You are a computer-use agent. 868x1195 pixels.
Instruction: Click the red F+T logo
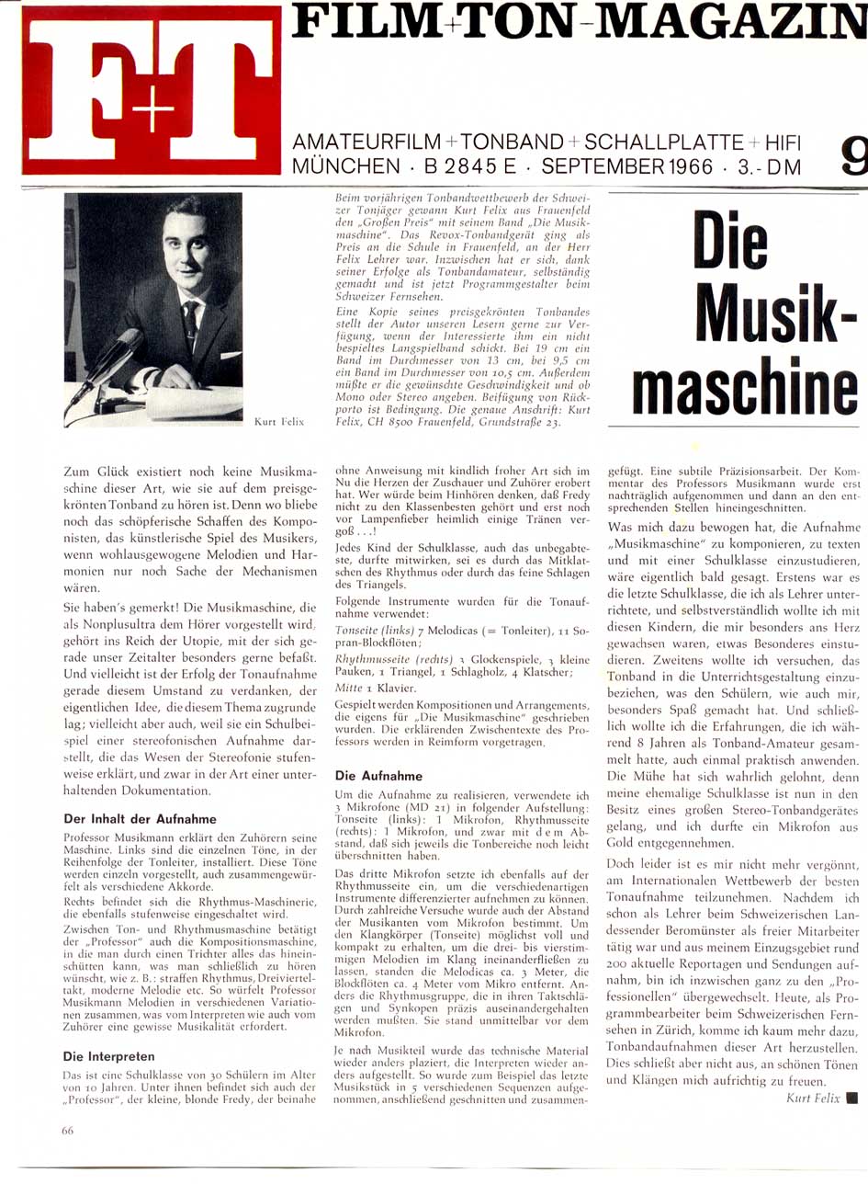pos(152,90)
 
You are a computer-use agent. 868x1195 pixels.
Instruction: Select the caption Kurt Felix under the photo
pos(279,422)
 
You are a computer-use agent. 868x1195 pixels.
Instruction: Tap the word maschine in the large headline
pos(745,390)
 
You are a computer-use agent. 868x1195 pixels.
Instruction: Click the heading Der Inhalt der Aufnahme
pos(140,818)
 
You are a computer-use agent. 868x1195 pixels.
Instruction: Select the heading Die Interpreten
pos(108,1056)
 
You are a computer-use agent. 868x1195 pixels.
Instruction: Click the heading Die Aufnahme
pos(378,776)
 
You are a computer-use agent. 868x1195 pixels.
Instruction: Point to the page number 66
pos(68,1131)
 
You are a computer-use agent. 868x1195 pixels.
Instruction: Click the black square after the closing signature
pos(851,1098)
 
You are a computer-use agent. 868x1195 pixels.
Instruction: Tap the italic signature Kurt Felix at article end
pos(813,1098)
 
